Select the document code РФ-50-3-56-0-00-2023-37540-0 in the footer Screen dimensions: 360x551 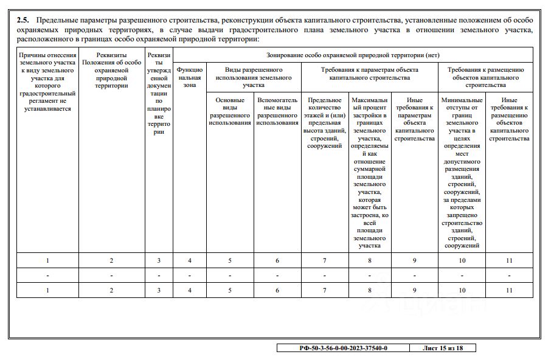(344, 348)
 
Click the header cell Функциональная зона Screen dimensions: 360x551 (190, 78)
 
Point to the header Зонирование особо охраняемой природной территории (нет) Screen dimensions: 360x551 (353, 55)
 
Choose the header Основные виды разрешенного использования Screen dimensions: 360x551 (230, 111)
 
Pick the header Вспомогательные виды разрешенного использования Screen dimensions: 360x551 (277, 111)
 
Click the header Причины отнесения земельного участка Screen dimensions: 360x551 (47, 81)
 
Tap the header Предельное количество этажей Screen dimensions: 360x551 (325, 122)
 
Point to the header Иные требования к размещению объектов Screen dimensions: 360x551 (510, 119)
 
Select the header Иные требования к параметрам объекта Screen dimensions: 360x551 (414, 119)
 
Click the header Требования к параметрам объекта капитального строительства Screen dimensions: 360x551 (369, 74)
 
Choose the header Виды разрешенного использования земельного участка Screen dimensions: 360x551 (254, 77)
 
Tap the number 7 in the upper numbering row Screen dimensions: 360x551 (325, 260)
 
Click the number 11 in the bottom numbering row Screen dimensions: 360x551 (510, 291)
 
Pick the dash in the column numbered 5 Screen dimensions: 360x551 (230, 275)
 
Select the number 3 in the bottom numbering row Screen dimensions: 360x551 (159, 291)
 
